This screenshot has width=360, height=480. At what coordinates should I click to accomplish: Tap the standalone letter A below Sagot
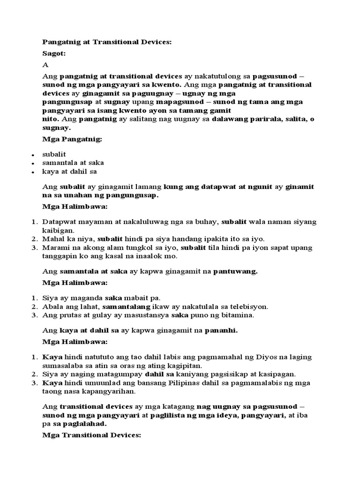[x=45, y=65]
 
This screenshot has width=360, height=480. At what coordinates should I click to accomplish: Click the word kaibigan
[x=59, y=230]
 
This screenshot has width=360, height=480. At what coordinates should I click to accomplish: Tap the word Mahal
[x=52, y=239]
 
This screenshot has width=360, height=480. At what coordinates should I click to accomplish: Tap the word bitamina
[x=236, y=315]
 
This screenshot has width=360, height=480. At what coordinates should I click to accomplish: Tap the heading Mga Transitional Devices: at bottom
[x=91, y=436]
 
